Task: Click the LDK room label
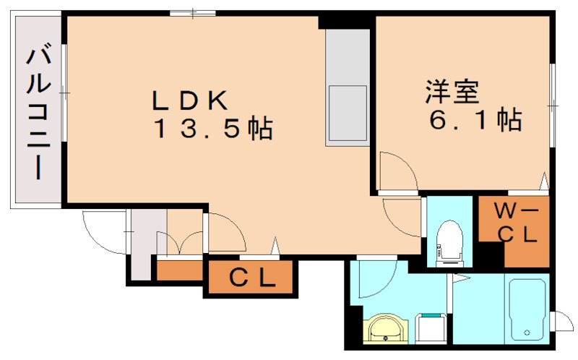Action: (x=190, y=100)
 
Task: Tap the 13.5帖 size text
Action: (x=211, y=130)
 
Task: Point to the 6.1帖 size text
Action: (x=475, y=121)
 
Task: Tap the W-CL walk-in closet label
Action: (x=515, y=223)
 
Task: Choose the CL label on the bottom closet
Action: (x=252, y=278)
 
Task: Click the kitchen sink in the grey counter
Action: (x=347, y=114)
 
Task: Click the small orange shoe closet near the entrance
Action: (x=179, y=270)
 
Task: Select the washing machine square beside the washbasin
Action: (x=431, y=327)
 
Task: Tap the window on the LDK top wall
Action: (x=193, y=13)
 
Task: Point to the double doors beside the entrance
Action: (x=185, y=241)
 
